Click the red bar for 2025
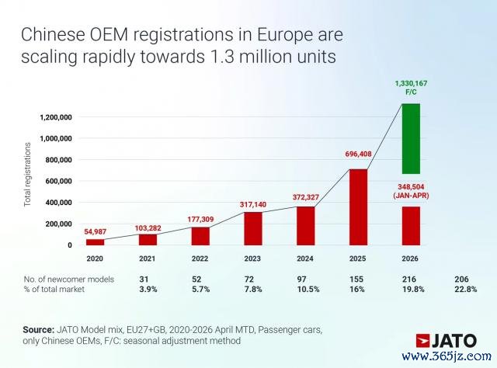(x=358, y=207)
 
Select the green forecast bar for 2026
(x=411, y=138)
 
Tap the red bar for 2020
(x=95, y=242)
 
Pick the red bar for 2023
(x=253, y=228)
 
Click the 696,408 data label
(x=358, y=154)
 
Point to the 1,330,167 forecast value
(x=411, y=83)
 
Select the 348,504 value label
(x=411, y=186)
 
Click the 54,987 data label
(x=95, y=231)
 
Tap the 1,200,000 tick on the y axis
(x=56, y=117)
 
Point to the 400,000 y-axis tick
(x=59, y=203)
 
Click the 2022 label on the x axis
(x=200, y=259)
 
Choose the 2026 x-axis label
(x=410, y=259)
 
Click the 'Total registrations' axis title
(x=28, y=175)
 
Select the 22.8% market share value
(x=466, y=289)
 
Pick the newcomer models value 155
(x=356, y=279)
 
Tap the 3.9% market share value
(x=148, y=289)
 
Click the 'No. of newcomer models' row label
(x=69, y=279)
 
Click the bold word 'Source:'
(x=38, y=330)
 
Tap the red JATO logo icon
(x=422, y=341)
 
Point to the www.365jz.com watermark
(x=447, y=356)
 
